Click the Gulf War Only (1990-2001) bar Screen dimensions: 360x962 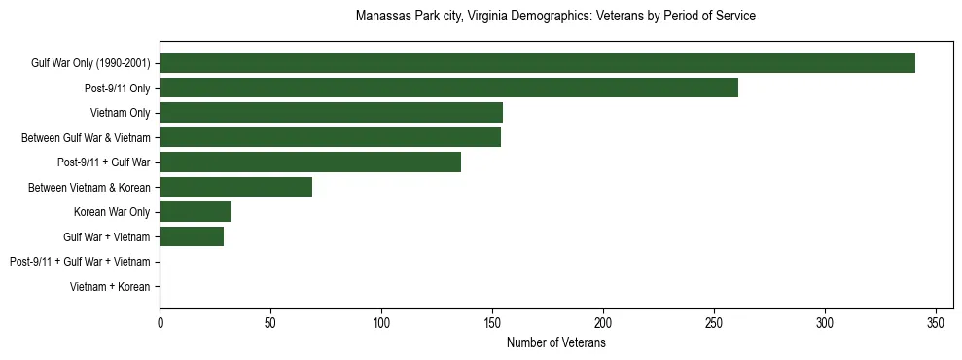[537, 63]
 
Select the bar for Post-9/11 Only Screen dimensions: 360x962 [448, 88]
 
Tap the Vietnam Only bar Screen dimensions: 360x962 [331, 113]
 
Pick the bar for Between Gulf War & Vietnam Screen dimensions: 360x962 [330, 137]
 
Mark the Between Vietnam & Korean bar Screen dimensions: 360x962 [235, 187]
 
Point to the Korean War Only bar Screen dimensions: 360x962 [195, 212]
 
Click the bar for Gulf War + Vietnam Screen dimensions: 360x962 [192, 236]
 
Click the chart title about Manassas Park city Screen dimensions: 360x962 [555, 17]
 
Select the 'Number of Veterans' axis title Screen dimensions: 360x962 [555, 343]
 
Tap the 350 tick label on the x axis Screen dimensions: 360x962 [936, 322]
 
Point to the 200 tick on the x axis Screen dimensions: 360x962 [603, 322]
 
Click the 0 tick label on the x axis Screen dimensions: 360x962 [160, 322]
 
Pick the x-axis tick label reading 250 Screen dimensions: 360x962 [714, 322]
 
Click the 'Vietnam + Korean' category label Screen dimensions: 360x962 [110, 287]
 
